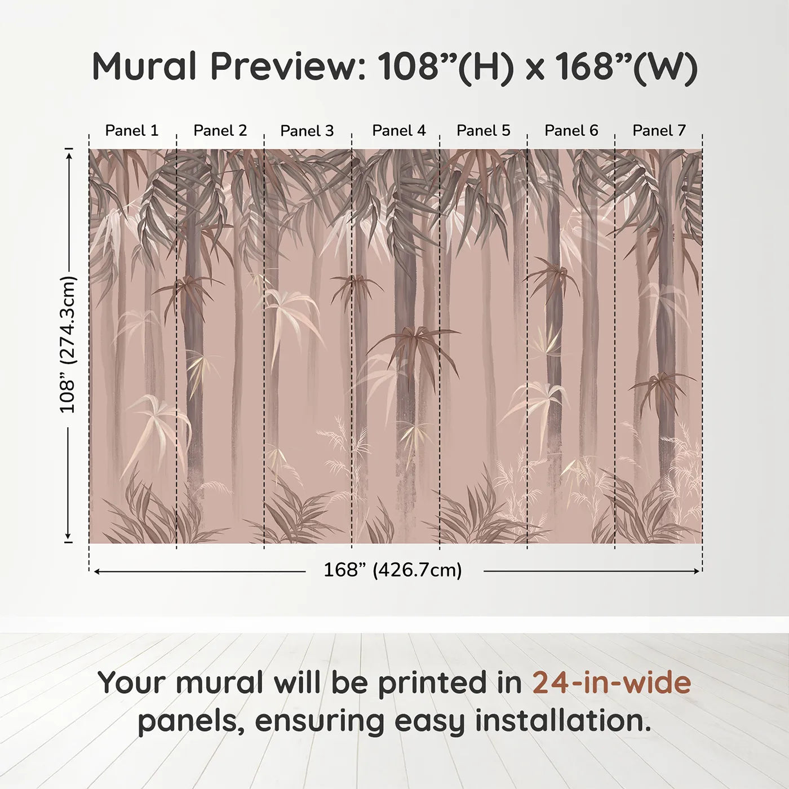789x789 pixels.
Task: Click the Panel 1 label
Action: coord(132,131)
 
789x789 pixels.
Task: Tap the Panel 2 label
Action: coord(220,131)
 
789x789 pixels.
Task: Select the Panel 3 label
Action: coord(307,131)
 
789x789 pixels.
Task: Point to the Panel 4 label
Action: coord(399,131)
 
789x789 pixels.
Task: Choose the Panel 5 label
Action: coord(484,131)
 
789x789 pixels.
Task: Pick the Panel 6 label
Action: coord(571,131)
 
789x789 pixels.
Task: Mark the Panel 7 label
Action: coord(659,131)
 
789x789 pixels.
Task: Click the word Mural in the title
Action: coord(144,67)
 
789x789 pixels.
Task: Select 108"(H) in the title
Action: coord(445,67)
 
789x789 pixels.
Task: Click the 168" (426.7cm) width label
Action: coord(393,570)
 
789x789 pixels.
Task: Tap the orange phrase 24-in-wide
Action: coord(611,682)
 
